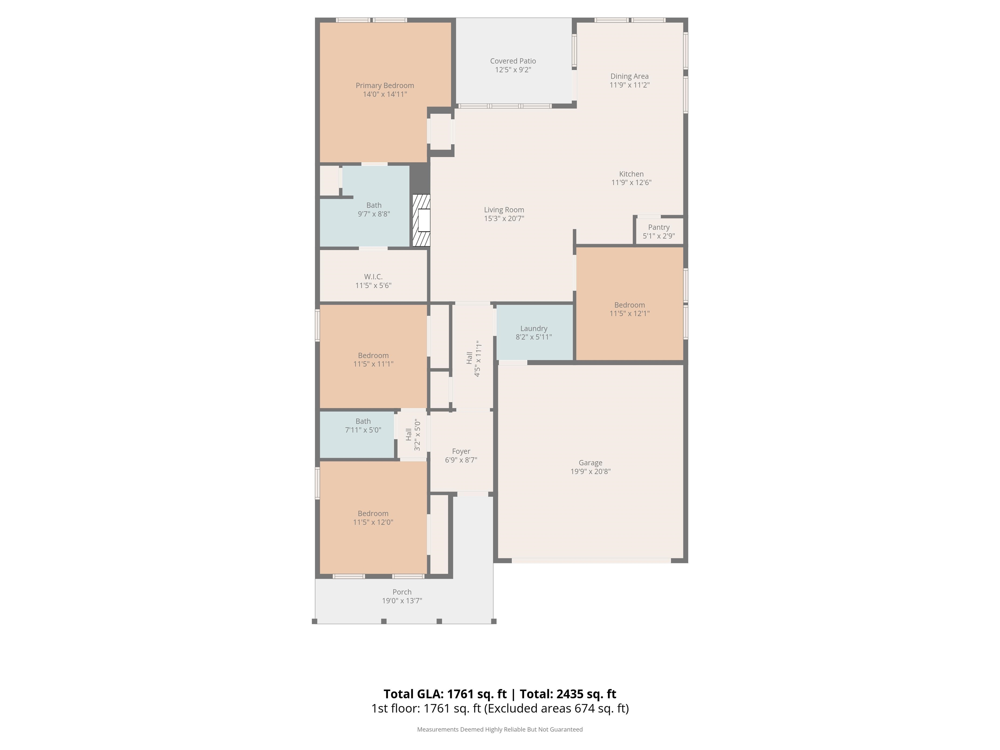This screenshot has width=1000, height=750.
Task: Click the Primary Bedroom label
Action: tap(385, 85)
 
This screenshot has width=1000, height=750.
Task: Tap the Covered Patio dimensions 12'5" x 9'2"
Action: tap(513, 70)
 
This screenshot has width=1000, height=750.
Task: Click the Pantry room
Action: tap(659, 231)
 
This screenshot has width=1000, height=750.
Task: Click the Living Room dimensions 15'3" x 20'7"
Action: tap(504, 218)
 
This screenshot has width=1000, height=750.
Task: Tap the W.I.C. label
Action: tap(373, 277)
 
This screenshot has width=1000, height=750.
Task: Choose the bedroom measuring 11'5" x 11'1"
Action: tap(373, 356)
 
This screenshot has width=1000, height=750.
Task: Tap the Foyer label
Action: tap(461, 451)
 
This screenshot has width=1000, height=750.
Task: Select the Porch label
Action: tap(402, 592)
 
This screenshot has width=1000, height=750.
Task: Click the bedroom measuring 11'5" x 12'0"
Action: tap(373, 517)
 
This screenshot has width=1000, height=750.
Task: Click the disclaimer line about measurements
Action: tap(500, 729)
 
